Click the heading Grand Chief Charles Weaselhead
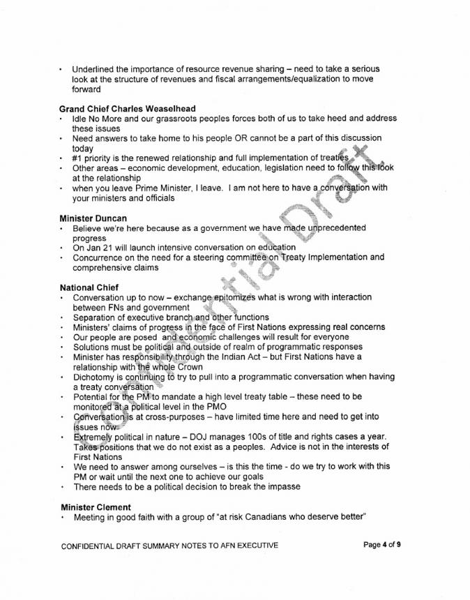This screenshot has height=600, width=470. click(127, 109)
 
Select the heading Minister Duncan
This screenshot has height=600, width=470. click(93, 218)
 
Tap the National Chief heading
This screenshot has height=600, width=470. click(89, 287)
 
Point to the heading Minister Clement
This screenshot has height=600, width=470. click(96, 506)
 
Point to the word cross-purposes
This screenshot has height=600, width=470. click(165, 417)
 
